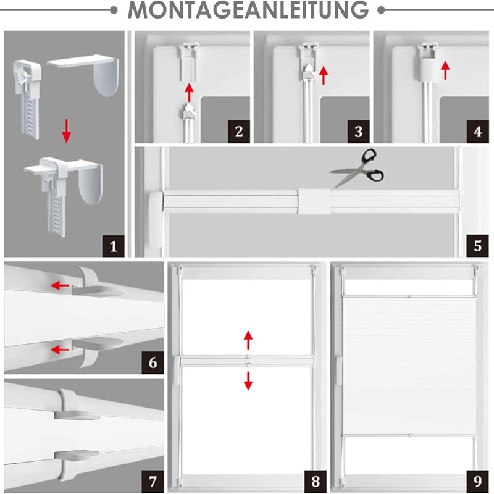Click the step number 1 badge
coord(112,246)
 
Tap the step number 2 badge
coord(238,132)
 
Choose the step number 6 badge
coord(153,361)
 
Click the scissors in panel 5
coord(357,168)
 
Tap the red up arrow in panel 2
coord(190,93)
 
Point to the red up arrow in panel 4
coord(444,69)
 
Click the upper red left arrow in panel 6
coord(60,285)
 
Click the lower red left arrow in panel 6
coord(60,350)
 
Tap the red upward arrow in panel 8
coord(248,340)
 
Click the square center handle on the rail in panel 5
coord(314,201)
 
